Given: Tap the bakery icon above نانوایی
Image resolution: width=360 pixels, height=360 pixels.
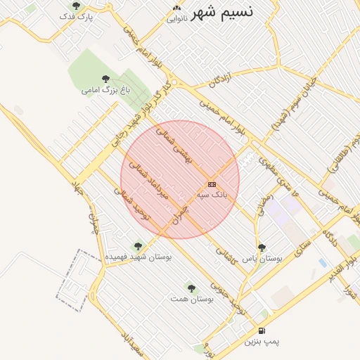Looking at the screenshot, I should (x=176, y=8).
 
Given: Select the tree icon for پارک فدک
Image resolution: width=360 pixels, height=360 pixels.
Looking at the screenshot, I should (x=76, y=6).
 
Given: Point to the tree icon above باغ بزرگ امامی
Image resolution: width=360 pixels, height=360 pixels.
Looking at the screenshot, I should (x=105, y=79).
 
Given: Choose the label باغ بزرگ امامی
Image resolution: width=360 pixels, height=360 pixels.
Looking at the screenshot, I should (x=106, y=90).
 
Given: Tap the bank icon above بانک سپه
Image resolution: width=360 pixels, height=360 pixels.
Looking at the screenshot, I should (x=212, y=184).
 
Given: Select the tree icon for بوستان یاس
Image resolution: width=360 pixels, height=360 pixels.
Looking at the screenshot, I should (x=262, y=247).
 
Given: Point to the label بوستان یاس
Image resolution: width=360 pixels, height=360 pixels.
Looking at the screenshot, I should (x=262, y=258).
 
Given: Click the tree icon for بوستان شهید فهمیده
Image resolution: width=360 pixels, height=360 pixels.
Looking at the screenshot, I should (x=137, y=246).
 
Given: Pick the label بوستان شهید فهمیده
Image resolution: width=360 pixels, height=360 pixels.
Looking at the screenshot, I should (x=138, y=257).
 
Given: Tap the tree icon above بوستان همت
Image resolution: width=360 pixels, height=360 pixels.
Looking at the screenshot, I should (x=191, y=288).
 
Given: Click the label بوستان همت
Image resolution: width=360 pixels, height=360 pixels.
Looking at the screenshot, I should (x=191, y=299).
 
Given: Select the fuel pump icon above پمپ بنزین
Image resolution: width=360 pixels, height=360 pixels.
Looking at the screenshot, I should (x=262, y=330).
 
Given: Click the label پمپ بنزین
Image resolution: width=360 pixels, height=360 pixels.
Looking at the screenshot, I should (x=262, y=342).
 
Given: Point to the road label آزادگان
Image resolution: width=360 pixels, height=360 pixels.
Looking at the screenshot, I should (x=221, y=82).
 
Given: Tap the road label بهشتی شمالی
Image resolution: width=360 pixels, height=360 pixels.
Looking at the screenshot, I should (x=173, y=146).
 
